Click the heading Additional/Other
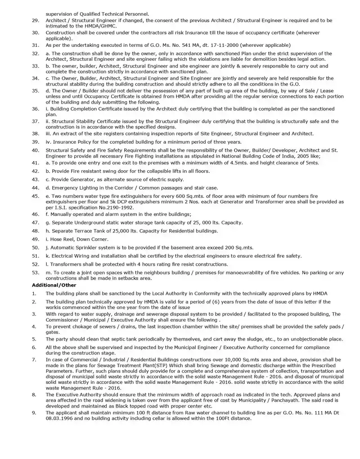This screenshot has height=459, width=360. click(54, 285)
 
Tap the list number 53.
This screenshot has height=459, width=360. click(36, 273)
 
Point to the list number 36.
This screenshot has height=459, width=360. click(36, 109)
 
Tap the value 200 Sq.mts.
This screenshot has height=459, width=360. click(239, 247)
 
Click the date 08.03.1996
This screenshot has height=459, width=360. click(60, 418)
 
